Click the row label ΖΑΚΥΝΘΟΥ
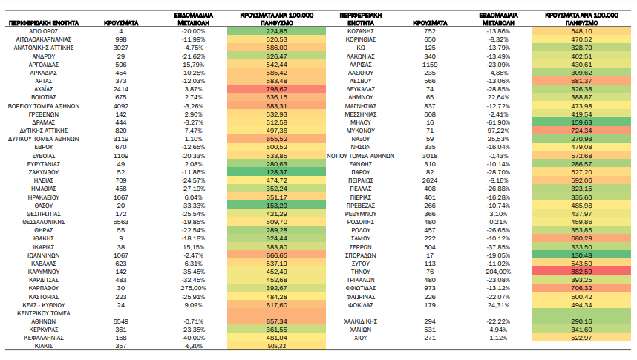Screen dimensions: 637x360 [x=44, y=172]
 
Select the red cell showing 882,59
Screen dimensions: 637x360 [x=581, y=272]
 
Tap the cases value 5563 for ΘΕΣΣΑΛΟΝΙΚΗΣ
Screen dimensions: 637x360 [x=121, y=222]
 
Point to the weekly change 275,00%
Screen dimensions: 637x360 [x=193, y=288]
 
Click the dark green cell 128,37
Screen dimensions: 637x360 [x=276, y=172]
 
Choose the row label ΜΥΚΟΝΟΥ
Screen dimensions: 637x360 [x=360, y=131]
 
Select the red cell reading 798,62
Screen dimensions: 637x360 [x=276, y=89]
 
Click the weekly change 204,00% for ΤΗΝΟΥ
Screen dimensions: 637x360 [x=498, y=272]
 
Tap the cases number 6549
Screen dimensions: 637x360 [x=121, y=321]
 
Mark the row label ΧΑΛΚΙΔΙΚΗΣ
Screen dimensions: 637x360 [x=360, y=321]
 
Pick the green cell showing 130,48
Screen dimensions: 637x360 [x=581, y=255]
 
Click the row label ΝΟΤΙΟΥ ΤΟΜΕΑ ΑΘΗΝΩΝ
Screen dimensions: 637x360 [x=360, y=156]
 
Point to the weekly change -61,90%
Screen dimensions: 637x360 [x=498, y=122]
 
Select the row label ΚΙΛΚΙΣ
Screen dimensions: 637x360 [x=44, y=346]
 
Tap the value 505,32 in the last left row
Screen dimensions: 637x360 [x=276, y=346]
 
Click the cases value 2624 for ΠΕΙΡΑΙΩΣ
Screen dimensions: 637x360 [x=429, y=180]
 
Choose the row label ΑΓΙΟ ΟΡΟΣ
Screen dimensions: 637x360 [x=44, y=31]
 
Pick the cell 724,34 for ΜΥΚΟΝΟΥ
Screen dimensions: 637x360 [x=581, y=131]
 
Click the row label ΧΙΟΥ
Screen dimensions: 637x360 [x=360, y=338]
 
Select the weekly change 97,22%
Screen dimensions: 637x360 [x=498, y=131]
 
